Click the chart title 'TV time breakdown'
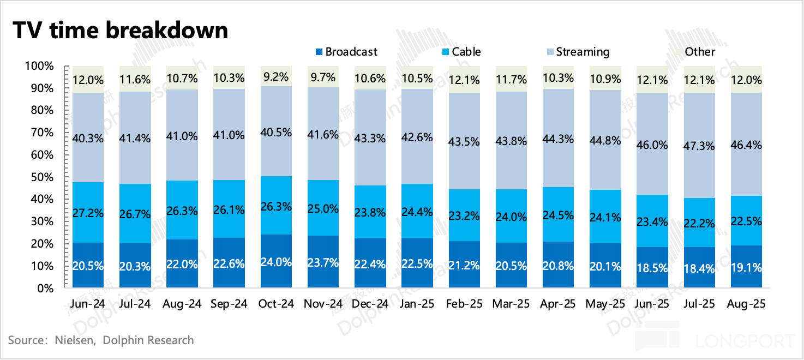pos(120,30)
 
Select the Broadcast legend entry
pos(346,52)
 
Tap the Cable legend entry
pos(461,52)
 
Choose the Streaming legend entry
pos(579,52)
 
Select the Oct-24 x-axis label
pos(275,304)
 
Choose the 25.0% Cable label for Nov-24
pos(323,208)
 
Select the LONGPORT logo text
pos(745,341)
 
